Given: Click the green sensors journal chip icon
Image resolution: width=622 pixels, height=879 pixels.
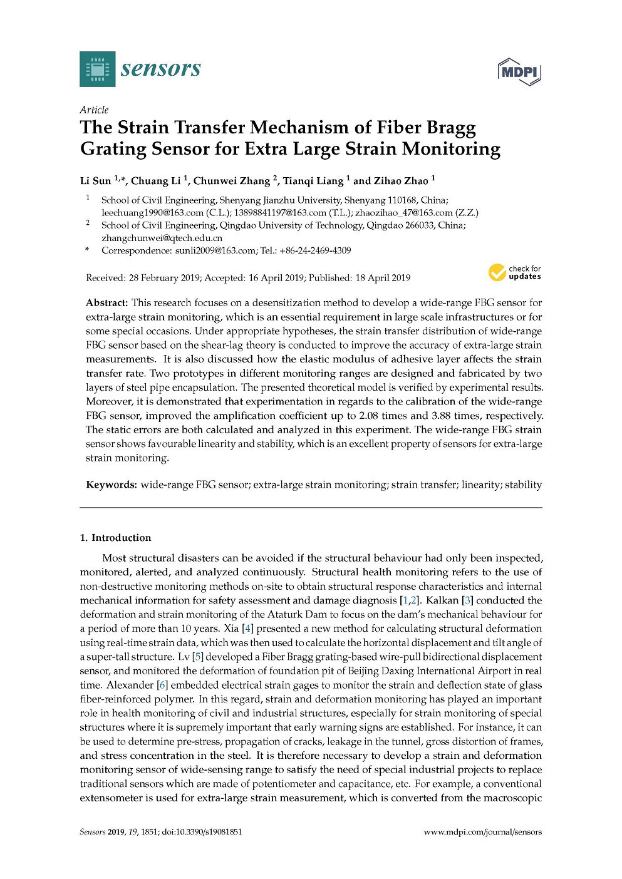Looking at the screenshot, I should (97, 69).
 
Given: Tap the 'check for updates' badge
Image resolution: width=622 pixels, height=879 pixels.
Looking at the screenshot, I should (515, 273).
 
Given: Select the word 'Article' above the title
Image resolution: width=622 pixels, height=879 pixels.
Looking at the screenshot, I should (94, 110).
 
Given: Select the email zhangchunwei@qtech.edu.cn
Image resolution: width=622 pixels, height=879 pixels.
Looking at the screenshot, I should (162, 238).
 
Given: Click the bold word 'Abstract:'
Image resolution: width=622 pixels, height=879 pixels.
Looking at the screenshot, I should (107, 303).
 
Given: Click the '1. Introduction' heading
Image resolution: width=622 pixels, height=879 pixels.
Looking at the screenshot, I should (115, 538).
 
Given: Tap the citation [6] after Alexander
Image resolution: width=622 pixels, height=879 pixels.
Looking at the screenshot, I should (162, 685).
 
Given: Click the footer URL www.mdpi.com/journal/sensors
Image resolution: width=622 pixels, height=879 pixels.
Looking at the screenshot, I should (482, 832).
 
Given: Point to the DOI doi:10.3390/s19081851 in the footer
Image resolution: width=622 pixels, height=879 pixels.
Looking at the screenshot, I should (202, 832).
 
